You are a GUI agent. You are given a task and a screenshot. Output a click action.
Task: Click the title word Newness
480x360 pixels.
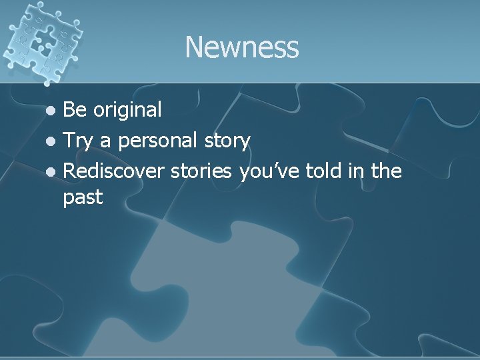pyautogui.click(x=241, y=47)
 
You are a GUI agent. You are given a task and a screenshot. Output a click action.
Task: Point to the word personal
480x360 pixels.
pyautogui.click(x=155, y=141)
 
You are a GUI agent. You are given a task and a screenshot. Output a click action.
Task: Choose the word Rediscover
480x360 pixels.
pyautogui.click(x=114, y=171)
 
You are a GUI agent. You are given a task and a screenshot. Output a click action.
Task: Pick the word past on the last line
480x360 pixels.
pyautogui.click(x=83, y=198)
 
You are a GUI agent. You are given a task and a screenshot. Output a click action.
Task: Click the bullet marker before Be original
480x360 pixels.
pyautogui.click(x=55, y=111)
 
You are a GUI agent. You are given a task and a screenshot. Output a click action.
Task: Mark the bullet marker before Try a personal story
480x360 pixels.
pyautogui.click(x=55, y=141)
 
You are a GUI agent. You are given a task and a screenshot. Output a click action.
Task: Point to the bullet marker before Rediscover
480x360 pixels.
pyautogui.click(x=55, y=172)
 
